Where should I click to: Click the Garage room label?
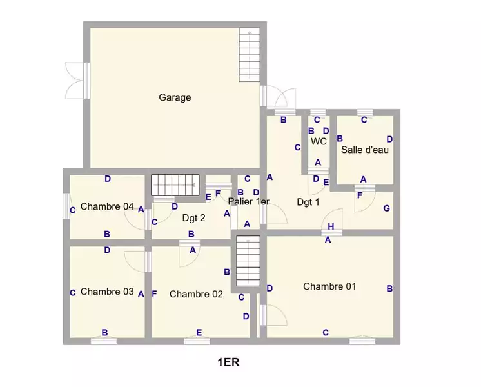click(175, 97)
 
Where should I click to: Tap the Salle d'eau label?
click(365, 150)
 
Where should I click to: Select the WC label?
click(319, 141)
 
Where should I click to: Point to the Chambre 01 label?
click(329, 286)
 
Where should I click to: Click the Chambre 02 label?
click(196, 294)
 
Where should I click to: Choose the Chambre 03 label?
click(107, 292)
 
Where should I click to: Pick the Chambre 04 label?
click(107, 206)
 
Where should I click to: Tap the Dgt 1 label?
click(308, 202)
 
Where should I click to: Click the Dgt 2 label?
click(193, 218)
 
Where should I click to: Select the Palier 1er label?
click(248, 201)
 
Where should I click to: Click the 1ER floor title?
click(228, 362)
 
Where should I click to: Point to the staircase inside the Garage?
click(250, 55)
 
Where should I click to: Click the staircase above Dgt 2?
click(175, 185)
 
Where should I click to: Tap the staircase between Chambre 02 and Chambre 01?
click(248, 261)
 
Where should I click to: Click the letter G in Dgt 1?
click(386, 208)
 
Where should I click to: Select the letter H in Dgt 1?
click(331, 226)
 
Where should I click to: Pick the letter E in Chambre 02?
click(199, 332)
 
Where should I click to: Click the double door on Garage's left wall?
click(77, 81)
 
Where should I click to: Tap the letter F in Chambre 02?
click(154, 293)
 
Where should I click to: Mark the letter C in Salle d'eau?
click(364, 120)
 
